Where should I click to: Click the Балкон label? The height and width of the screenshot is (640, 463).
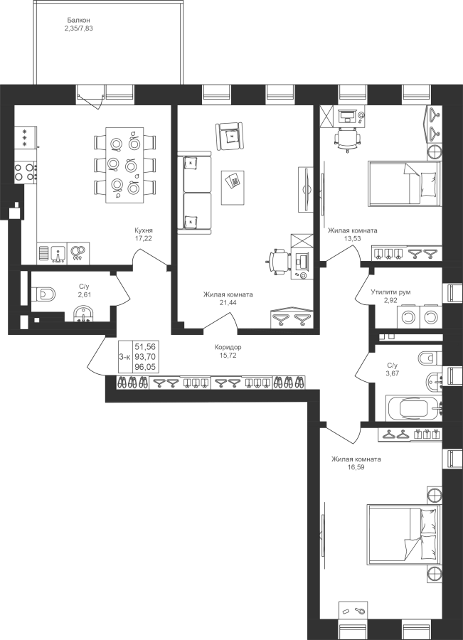tap(78, 20)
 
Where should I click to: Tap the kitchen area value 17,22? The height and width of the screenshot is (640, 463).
tap(144, 238)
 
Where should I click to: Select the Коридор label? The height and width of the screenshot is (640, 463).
tap(228, 347)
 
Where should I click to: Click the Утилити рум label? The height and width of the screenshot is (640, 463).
tap(390, 292)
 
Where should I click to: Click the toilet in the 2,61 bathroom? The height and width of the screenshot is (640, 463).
tap(45, 294)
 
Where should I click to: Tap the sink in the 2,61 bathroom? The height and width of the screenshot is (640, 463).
tap(84, 315)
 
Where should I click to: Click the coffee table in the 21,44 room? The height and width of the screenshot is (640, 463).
tap(233, 187)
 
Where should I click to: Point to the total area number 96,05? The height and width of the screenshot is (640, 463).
tap(145, 367)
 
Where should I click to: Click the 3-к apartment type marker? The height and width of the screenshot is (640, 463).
tap(124, 357)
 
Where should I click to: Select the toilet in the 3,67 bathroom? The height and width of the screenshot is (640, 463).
tap(430, 358)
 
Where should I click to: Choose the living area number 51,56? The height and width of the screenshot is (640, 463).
tap(145, 347)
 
